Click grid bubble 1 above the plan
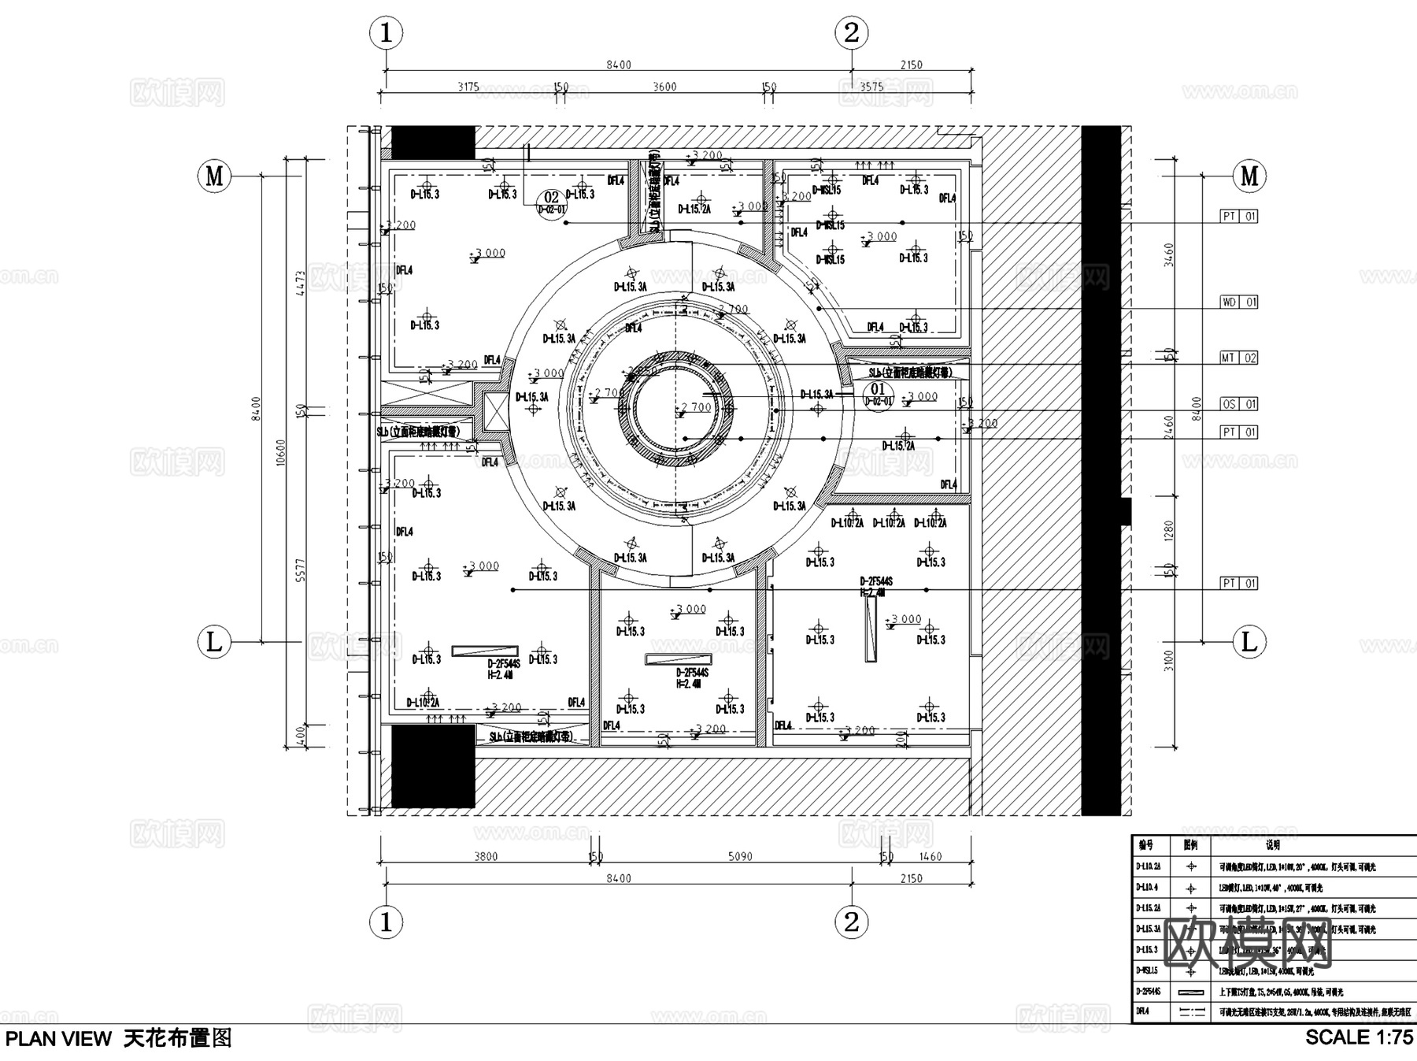coord(386,33)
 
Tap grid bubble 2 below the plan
coord(851,922)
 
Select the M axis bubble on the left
coord(214,176)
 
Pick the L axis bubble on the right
coord(1249,642)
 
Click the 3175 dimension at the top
coord(468,87)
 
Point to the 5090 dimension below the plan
coord(740,856)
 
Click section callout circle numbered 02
coord(551,201)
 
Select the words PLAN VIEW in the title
coord(59,1039)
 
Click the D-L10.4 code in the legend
coord(1147,887)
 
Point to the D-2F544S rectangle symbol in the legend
coord(1191,992)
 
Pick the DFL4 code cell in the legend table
coord(1143,1011)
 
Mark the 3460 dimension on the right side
coord(1168,254)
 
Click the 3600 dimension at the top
coord(664,87)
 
